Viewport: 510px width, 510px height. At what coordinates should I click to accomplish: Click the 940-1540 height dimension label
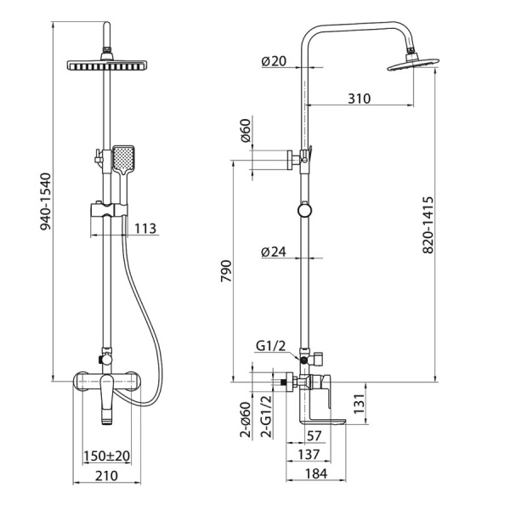point(46,201)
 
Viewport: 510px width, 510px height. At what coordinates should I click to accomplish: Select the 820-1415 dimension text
point(428,224)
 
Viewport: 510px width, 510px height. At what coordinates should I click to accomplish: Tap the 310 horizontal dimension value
point(359,99)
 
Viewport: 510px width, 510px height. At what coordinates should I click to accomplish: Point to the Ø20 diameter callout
point(274,61)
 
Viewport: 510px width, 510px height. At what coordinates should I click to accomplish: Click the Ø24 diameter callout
point(274,252)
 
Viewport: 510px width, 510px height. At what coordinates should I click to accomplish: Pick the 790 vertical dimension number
point(226,271)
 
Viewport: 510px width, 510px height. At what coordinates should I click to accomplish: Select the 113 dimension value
point(145,229)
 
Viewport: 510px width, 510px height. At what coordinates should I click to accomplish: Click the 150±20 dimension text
point(107,456)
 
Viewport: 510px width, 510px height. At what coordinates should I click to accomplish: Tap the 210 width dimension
point(106,475)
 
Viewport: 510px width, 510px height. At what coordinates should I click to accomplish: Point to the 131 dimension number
point(360,404)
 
